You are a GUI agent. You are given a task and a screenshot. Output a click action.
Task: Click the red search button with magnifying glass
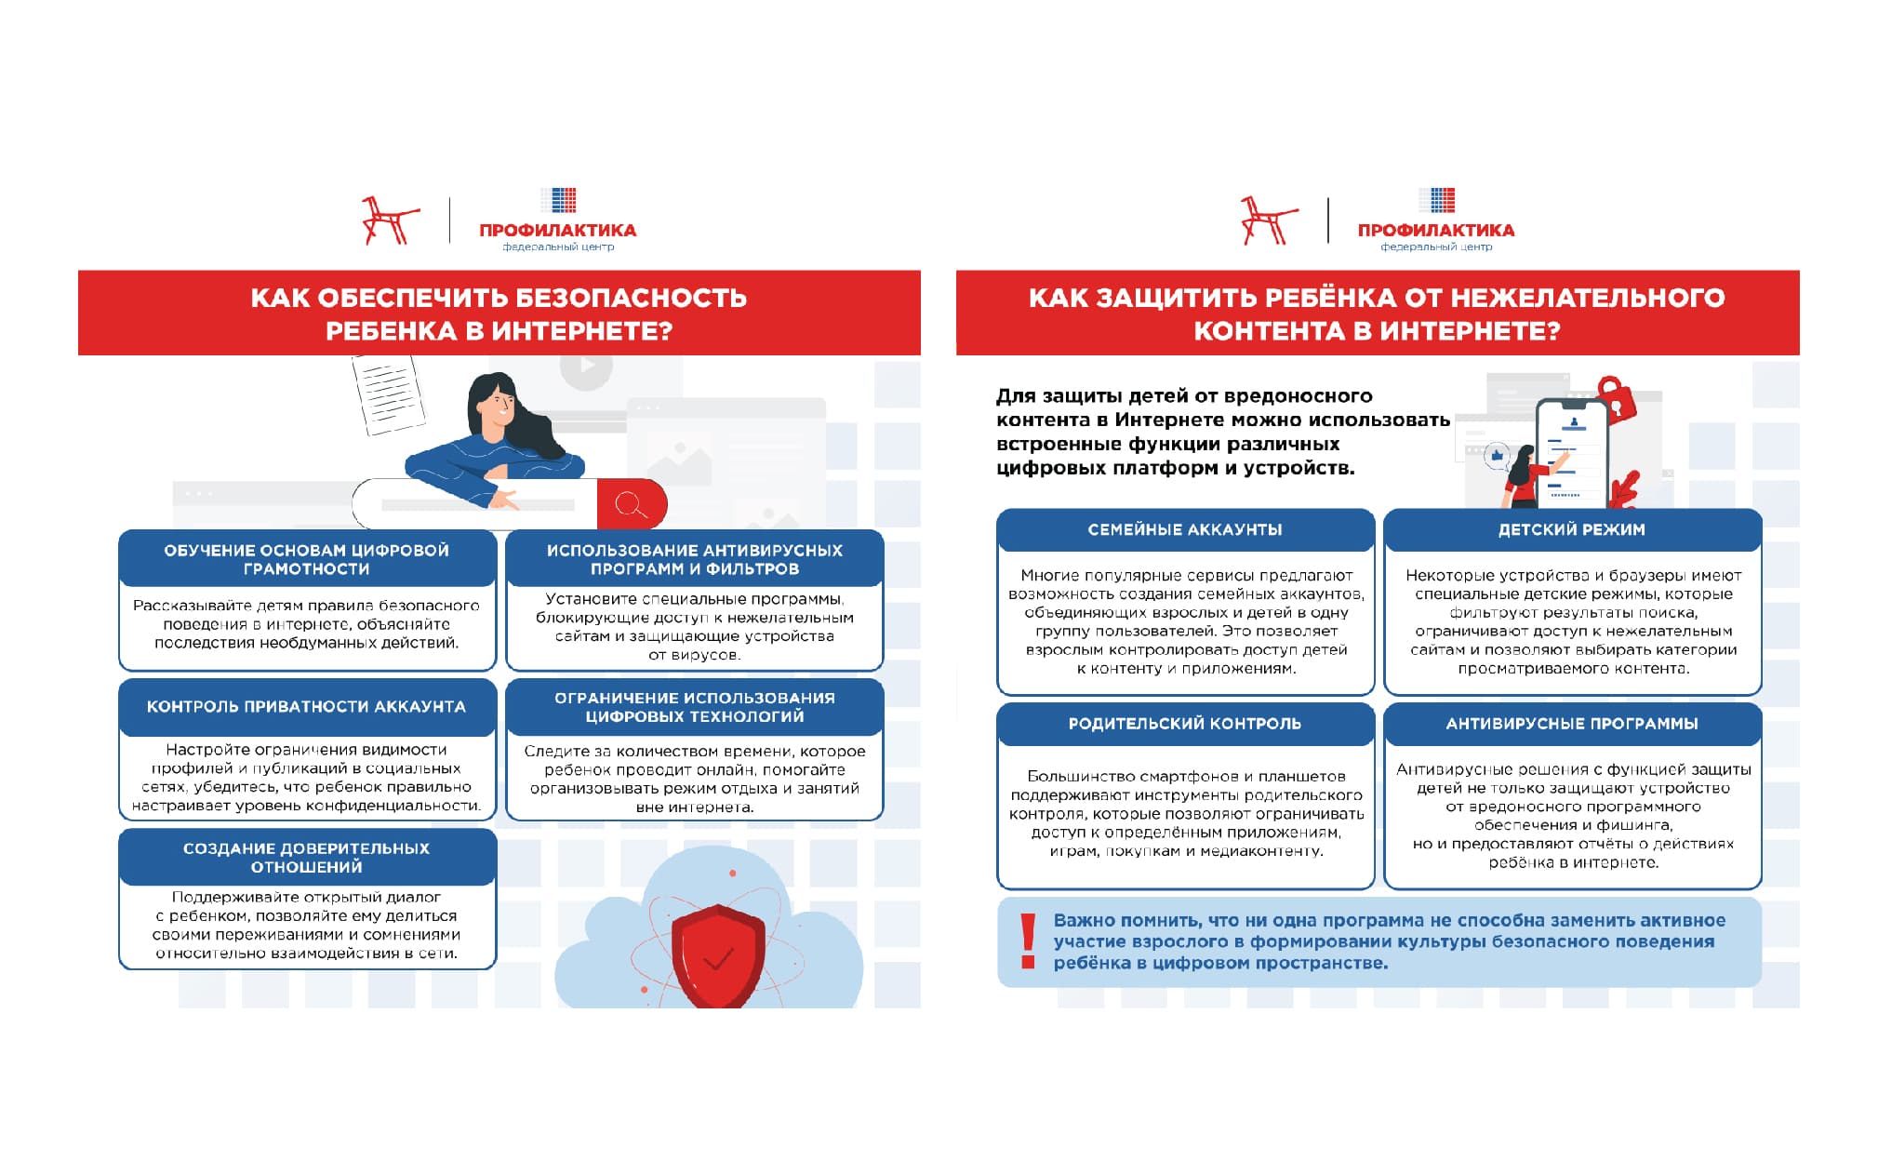click(632, 505)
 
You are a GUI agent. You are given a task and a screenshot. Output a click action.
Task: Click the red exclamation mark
click(1028, 941)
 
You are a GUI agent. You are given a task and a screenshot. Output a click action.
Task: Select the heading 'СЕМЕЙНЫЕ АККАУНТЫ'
click(1185, 529)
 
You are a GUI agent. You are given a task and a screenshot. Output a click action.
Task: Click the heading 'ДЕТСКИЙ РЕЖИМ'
click(1571, 529)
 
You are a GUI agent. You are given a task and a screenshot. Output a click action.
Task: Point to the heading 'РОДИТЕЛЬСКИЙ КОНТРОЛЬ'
click(1185, 724)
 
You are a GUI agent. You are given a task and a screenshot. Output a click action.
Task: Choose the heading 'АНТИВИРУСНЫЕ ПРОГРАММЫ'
click(1571, 724)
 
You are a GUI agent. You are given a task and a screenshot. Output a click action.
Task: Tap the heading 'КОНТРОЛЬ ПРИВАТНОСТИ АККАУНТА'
click(306, 707)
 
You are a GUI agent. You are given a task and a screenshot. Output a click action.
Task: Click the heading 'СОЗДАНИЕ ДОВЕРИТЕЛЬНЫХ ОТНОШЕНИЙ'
click(306, 858)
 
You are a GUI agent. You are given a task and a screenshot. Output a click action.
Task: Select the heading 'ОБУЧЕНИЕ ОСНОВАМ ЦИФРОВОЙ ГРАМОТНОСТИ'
click(306, 559)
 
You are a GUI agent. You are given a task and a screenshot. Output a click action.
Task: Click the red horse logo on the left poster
click(389, 221)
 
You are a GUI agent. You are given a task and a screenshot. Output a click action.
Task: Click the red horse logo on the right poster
click(1267, 221)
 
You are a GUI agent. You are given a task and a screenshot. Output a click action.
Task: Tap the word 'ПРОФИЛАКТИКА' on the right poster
click(1435, 230)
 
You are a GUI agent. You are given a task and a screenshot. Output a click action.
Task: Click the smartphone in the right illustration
click(1571, 453)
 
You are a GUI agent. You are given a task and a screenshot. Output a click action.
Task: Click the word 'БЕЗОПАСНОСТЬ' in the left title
click(630, 298)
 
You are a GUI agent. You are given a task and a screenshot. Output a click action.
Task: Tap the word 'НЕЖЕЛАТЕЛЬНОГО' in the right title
click(1587, 298)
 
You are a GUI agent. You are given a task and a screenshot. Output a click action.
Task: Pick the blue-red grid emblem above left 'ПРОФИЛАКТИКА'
click(559, 200)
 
